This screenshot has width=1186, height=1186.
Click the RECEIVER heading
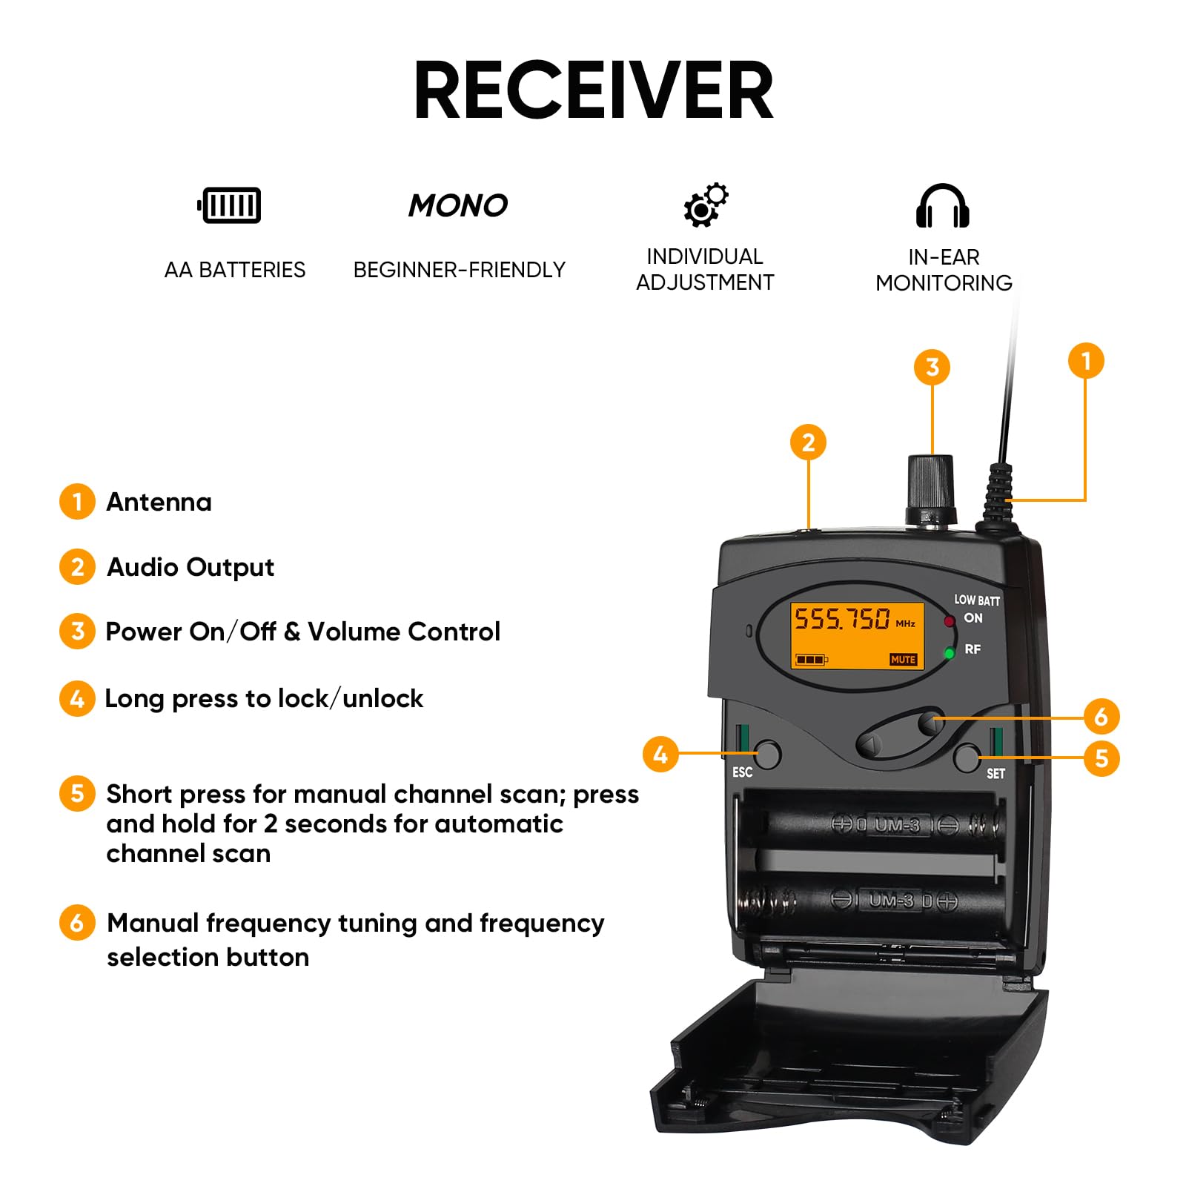coord(593,90)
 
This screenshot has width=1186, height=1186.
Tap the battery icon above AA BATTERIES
coord(229,205)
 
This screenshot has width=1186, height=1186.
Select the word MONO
coord(458,205)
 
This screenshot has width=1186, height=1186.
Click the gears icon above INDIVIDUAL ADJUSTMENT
coord(706,205)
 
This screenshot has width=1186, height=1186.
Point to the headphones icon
coord(942,205)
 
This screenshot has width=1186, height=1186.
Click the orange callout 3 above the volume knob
coord(932,367)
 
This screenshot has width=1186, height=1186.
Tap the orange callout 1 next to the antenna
coord(1086,361)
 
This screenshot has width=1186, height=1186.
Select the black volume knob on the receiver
coord(931,490)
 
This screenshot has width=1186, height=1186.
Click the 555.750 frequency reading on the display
coord(842,618)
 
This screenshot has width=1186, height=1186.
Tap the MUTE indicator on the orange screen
coord(903,659)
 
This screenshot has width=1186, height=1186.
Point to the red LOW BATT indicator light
coord(949,621)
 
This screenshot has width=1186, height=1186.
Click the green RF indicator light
coord(949,653)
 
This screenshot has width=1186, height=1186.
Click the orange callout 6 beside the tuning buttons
coord(1101,717)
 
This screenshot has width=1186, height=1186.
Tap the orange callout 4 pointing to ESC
coord(660,754)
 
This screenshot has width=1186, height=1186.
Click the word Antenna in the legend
coord(159,502)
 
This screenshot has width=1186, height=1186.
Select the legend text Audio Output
coord(191,567)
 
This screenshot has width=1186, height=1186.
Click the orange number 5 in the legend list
coord(77,793)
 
